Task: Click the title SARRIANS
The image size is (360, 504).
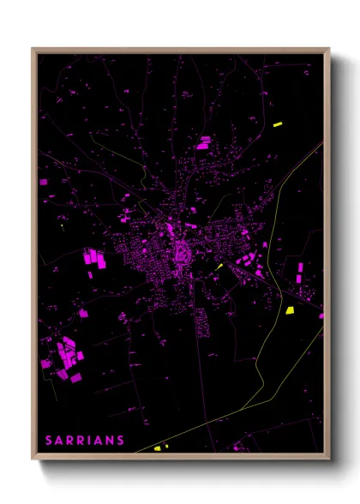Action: [85, 441]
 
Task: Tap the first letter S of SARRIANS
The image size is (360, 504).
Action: [49, 441]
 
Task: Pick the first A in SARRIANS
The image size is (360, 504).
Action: [59, 441]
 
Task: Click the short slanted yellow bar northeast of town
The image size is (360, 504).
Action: [278, 125]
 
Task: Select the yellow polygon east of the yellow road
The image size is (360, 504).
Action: [290, 309]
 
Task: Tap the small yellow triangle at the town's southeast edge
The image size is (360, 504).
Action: [219, 267]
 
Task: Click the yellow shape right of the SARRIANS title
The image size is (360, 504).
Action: [158, 447]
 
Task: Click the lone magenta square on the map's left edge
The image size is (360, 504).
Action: [45, 182]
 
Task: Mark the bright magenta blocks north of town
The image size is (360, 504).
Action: [204, 142]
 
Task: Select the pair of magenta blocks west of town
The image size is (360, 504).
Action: [92, 257]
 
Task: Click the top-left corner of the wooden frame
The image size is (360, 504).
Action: [33, 49]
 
